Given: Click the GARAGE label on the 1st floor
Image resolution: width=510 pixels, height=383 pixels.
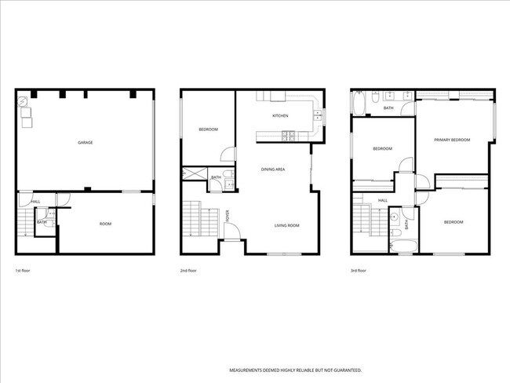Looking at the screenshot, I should pos(85,143).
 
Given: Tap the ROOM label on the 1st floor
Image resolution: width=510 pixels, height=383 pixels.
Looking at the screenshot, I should pos(105,224).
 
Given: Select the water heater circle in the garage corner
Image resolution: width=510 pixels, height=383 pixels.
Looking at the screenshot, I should pos(24,101).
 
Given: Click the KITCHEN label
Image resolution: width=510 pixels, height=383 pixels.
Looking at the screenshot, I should pos(280,116).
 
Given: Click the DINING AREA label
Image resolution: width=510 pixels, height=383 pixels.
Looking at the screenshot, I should pos(273,170).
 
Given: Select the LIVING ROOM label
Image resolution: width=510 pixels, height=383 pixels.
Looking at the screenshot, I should pos(286,226).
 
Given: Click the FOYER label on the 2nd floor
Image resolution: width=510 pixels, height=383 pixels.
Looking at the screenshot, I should pos(228,214).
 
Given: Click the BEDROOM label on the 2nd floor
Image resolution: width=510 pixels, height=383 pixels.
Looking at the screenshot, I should pos(208,129).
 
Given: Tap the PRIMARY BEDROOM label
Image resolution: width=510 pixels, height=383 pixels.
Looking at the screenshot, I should pos(451,140).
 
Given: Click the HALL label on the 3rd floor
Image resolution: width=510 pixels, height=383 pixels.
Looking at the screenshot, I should pos(383,201).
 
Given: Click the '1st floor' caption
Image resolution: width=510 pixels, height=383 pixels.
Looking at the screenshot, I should pos(24,270).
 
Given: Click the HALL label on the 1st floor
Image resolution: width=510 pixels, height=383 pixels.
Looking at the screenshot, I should pos(35,202).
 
